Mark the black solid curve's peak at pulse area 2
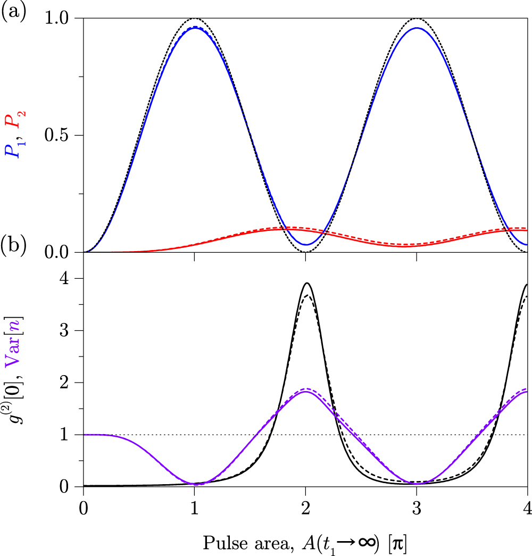click(x=307, y=283)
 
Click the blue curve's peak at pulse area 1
click(x=195, y=28)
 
